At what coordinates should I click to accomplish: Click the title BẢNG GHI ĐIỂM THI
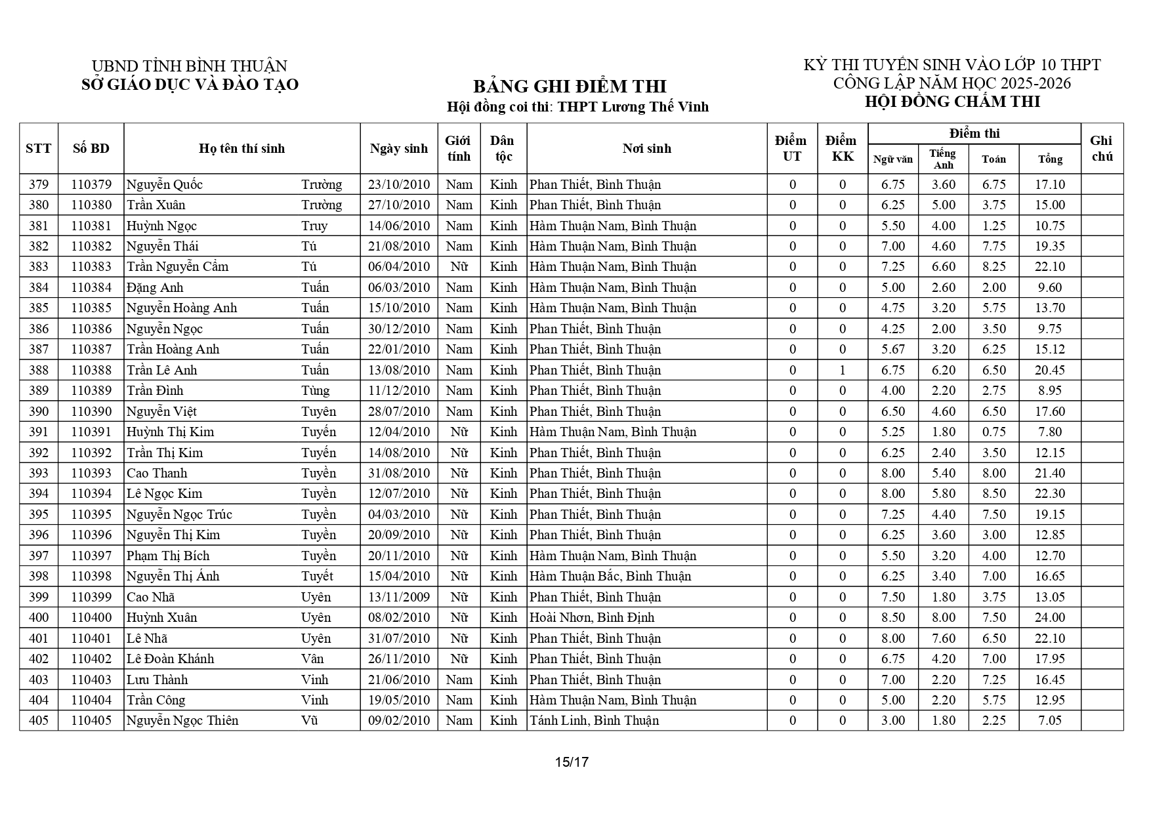[569, 87]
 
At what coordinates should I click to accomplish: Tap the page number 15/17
[572, 762]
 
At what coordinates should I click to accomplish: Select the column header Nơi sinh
[646, 148]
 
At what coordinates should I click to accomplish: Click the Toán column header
[994, 159]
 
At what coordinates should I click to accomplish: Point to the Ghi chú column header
[1101, 148]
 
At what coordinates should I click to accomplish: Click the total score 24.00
[1049, 617]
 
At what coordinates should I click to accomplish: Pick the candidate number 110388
[91, 370]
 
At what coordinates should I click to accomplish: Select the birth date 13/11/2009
[399, 597]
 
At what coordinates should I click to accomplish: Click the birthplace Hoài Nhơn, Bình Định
[592, 617]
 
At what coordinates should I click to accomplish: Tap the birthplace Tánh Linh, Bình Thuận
[594, 720]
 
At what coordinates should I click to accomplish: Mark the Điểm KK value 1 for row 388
[843, 370]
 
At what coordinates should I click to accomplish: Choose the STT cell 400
[39, 617]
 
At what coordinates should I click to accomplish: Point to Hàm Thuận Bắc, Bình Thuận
[610, 576]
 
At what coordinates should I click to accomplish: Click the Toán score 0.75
[994, 432]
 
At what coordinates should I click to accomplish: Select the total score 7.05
[1049, 720]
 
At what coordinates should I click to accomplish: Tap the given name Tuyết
[317, 576]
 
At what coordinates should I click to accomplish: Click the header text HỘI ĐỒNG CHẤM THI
[952, 102]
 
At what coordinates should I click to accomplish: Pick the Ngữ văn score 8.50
[892, 617]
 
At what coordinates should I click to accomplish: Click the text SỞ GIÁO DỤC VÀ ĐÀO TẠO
[190, 85]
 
